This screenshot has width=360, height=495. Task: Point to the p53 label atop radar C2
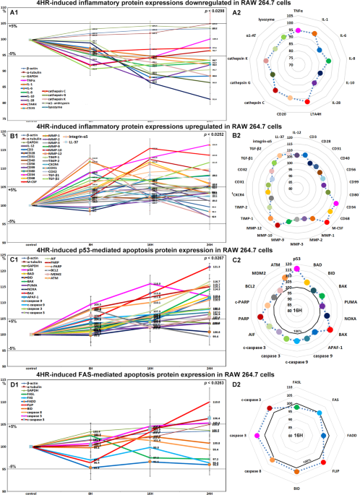coord(297,258)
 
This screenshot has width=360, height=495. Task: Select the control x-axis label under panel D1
coord(29,491)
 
